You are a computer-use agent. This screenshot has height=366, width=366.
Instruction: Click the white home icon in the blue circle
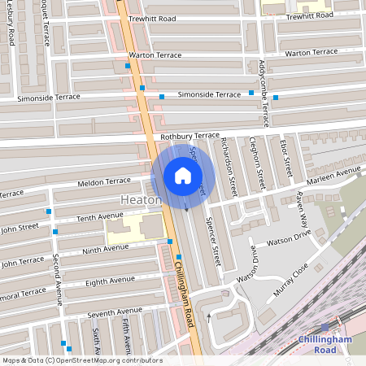coord(183,176)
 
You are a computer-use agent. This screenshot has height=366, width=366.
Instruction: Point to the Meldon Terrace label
coord(104,181)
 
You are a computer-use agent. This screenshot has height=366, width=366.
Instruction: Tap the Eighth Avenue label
coord(110,280)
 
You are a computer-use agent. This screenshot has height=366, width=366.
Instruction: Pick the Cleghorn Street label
coord(258,163)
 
